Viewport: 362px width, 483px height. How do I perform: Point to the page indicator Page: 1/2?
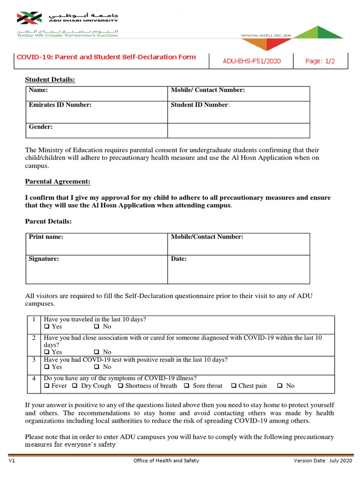pyautogui.click(x=320, y=61)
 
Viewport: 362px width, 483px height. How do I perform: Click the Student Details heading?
pyautogui.click(x=50, y=80)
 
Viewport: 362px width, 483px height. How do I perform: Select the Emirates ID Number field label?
pyautogui.click(x=60, y=105)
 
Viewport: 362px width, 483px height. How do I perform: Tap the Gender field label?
pyautogui.click(x=41, y=127)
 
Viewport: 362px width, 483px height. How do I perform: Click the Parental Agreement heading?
pyautogui.click(x=58, y=182)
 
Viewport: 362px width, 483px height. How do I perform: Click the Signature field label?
pyautogui.click(x=44, y=258)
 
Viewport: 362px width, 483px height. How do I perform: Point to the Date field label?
pyautogui.click(x=179, y=258)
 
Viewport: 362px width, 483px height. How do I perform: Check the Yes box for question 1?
pyautogui.click(x=47, y=326)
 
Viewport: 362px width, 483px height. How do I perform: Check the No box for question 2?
pyautogui.click(x=97, y=352)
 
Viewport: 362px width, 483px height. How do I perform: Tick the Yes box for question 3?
pyautogui.click(x=47, y=366)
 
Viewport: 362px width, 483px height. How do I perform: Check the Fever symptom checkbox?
pyautogui.click(x=47, y=385)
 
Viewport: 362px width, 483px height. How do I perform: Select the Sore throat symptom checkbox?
pyautogui.click(x=187, y=385)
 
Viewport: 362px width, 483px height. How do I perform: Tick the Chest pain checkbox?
pyautogui.click(x=234, y=385)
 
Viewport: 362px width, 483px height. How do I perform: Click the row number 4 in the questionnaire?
pyautogui.click(x=34, y=378)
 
